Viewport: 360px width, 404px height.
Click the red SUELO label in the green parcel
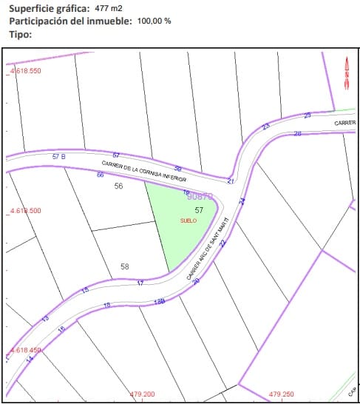pyautogui.click(x=189, y=221)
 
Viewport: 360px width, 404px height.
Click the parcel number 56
pyautogui.click(x=118, y=186)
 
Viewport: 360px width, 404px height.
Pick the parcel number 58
pyautogui.click(x=124, y=266)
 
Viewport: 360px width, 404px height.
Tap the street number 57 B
pyautogui.click(x=59, y=157)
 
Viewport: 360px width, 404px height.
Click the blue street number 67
pyautogui.click(x=116, y=155)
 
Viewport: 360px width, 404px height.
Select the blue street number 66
pyautogui.click(x=101, y=175)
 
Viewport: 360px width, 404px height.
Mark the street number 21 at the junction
pyautogui.click(x=231, y=181)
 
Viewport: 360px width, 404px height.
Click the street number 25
pyautogui.click(x=308, y=115)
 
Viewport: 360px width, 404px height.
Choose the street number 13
pyautogui.click(x=44, y=319)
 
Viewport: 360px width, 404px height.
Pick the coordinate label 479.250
pyautogui.click(x=282, y=394)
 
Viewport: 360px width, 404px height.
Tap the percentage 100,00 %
pyautogui.click(x=154, y=21)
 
